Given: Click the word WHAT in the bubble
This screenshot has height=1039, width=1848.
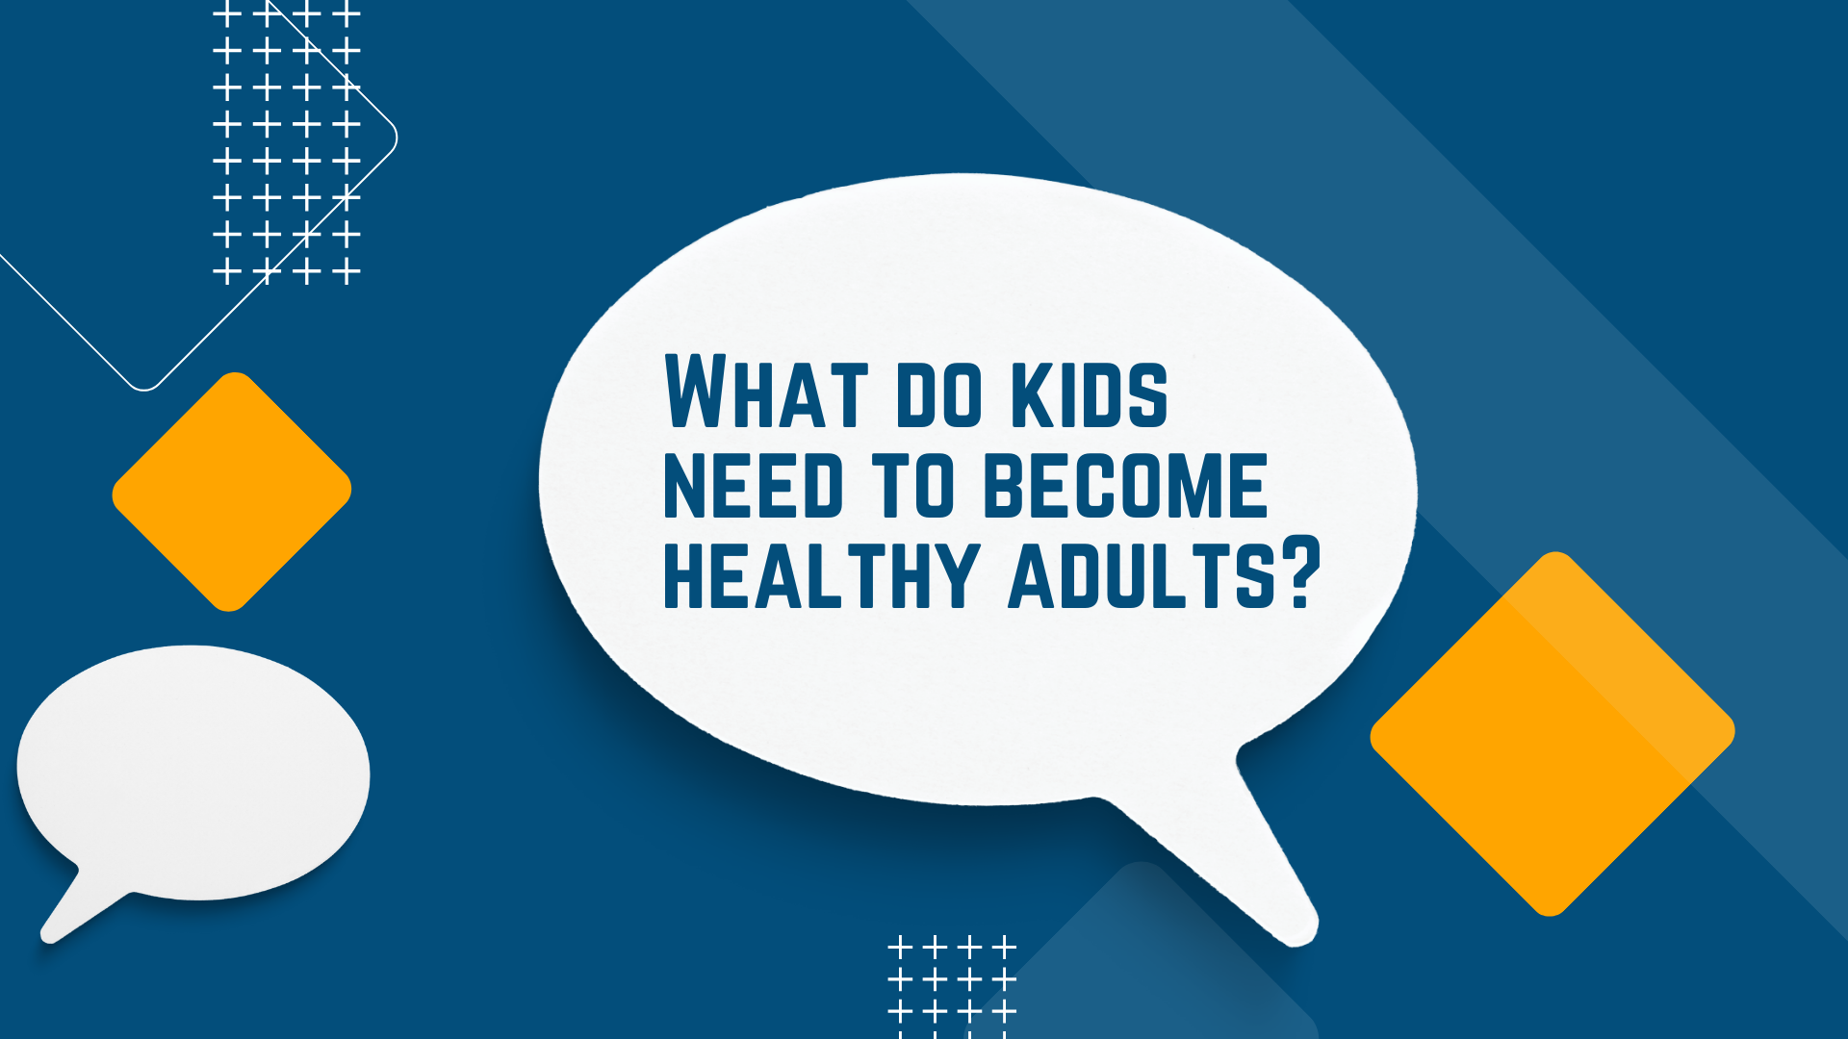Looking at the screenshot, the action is coord(766,392).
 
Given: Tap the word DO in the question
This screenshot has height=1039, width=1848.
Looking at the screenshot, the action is coord(925,395).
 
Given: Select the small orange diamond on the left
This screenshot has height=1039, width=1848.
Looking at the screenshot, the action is coord(232,492).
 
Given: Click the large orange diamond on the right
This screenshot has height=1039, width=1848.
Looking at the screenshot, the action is coord(1553,734).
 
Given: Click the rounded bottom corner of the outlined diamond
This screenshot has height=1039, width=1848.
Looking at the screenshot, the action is coord(144,388).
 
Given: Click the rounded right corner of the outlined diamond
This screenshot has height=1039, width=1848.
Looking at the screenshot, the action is coord(396,138).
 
